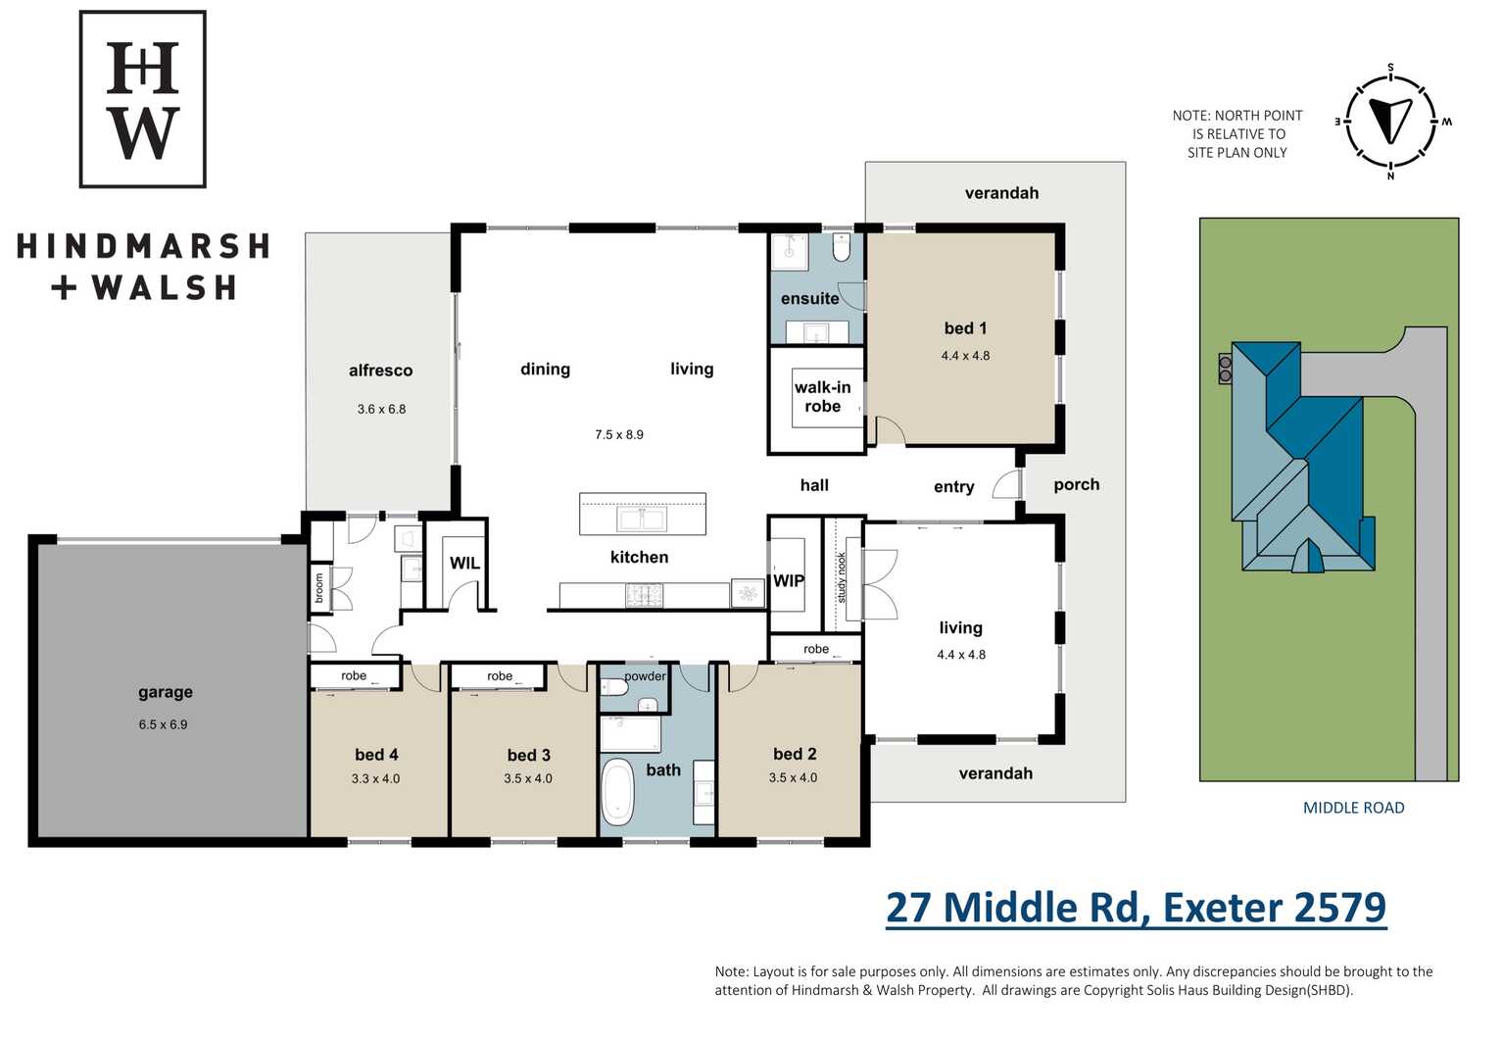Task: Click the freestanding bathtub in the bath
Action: [x=617, y=793]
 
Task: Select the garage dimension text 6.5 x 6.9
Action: [x=163, y=724]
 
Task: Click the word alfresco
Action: [x=380, y=371]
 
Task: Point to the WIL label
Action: [x=464, y=563]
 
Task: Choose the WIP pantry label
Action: [x=788, y=580]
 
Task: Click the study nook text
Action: [x=842, y=577]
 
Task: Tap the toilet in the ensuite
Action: [x=842, y=248]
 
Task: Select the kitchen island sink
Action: [x=642, y=520]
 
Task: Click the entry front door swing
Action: [x=1006, y=482]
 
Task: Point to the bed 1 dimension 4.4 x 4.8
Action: [x=965, y=356]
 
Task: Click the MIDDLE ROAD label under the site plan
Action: [x=1353, y=808]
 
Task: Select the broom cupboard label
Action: [x=319, y=587]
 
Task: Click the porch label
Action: [x=1076, y=484]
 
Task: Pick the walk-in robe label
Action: [x=823, y=397]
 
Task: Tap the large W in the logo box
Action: [x=143, y=132]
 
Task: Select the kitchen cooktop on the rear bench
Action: [x=644, y=595]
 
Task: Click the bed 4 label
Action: [x=376, y=755]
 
